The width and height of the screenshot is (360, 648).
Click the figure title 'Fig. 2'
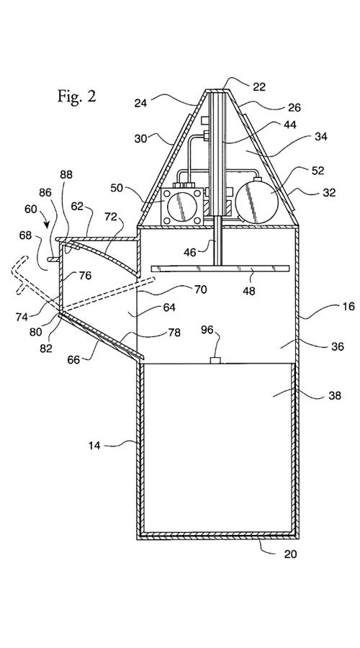point(76,96)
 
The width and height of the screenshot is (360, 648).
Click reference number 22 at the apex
point(259,87)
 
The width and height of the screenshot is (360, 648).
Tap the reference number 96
point(208,330)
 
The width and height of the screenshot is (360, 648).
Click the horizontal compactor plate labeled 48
point(220,269)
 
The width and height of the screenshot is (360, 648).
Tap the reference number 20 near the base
point(290,554)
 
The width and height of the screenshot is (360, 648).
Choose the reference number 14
point(94,446)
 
